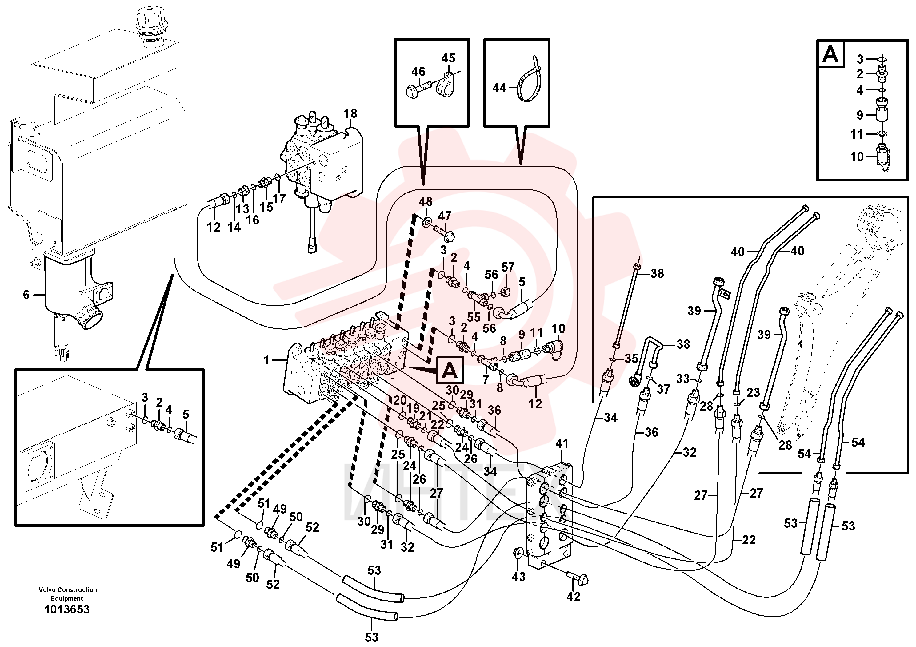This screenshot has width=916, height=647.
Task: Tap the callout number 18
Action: [x=351, y=113]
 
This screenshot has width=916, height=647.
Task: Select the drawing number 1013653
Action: [x=67, y=609]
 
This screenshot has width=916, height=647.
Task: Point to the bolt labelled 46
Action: [x=417, y=89]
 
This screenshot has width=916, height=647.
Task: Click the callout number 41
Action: [x=562, y=443]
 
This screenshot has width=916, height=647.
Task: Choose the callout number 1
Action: [x=267, y=360]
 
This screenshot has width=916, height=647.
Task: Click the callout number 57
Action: [x=508, y=267]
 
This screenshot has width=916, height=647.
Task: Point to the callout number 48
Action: [x=426, y=202]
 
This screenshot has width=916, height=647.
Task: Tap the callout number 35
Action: [x=631, y=358]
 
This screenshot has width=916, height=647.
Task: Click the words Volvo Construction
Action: [x=68, y=589]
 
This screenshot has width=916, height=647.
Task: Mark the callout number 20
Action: [x=400, y=400]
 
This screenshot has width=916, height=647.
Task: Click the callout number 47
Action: [x=444, y=216]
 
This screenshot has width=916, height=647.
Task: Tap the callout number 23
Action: [x=753, y=393]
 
